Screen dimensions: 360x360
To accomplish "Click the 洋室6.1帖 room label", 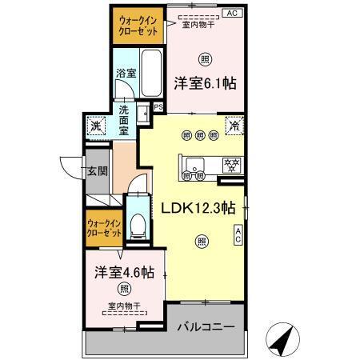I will click(206, 82).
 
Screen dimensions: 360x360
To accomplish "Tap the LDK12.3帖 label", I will click(198, 207).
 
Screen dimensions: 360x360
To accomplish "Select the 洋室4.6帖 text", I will click(124, 271).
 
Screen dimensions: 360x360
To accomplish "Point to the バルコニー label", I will click(206, 328).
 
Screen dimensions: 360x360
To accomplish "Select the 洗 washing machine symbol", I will click(96, 126).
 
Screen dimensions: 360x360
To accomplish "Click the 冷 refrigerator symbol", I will click(234, 126).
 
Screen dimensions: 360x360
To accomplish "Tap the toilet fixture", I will click(137, 224).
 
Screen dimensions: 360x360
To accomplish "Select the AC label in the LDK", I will click(238, 234).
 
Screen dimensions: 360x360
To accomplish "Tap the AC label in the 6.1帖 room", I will click(231, 13).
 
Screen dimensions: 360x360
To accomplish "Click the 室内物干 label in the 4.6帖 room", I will click(124, 305).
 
